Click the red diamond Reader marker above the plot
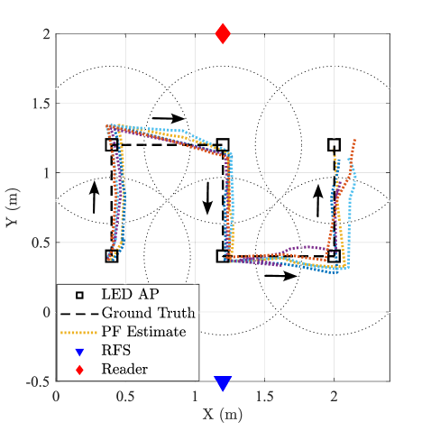point(223,33)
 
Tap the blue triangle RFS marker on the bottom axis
point(223,383)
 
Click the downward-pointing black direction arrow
point(207,198)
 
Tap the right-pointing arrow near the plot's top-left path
point(169,118)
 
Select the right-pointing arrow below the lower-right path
point(280,276)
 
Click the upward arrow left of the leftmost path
point(95,197)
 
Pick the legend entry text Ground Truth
point(149,313)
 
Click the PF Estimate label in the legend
point(144,332)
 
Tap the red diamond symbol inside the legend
point(79,370)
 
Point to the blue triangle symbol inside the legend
point(79,352)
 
